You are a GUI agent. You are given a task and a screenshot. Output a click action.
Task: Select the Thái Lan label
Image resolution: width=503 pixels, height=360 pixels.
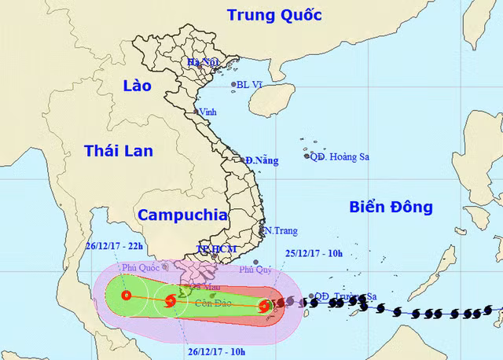point(119,150)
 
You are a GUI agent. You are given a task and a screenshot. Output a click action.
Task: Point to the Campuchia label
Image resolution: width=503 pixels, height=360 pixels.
point(182,215)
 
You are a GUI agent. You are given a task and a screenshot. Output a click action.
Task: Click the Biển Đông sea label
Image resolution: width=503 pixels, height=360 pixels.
point(391,207)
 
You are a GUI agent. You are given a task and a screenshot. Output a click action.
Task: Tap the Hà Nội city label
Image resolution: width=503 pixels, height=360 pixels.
point(200,62)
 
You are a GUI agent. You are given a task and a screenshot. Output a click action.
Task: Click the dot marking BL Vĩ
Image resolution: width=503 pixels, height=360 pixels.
point(233,85)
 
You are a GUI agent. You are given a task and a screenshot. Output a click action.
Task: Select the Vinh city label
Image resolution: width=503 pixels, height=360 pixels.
point(208,112)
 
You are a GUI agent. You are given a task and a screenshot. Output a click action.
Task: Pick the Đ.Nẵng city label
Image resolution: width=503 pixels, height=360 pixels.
point(262,160)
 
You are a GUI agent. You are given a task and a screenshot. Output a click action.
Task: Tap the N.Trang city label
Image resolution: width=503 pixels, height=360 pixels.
point(279,230)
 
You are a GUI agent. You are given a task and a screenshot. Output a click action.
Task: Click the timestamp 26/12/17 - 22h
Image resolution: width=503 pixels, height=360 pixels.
point(115,245)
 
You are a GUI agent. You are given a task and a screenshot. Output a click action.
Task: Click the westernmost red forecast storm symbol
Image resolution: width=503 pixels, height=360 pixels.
point(127,296)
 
